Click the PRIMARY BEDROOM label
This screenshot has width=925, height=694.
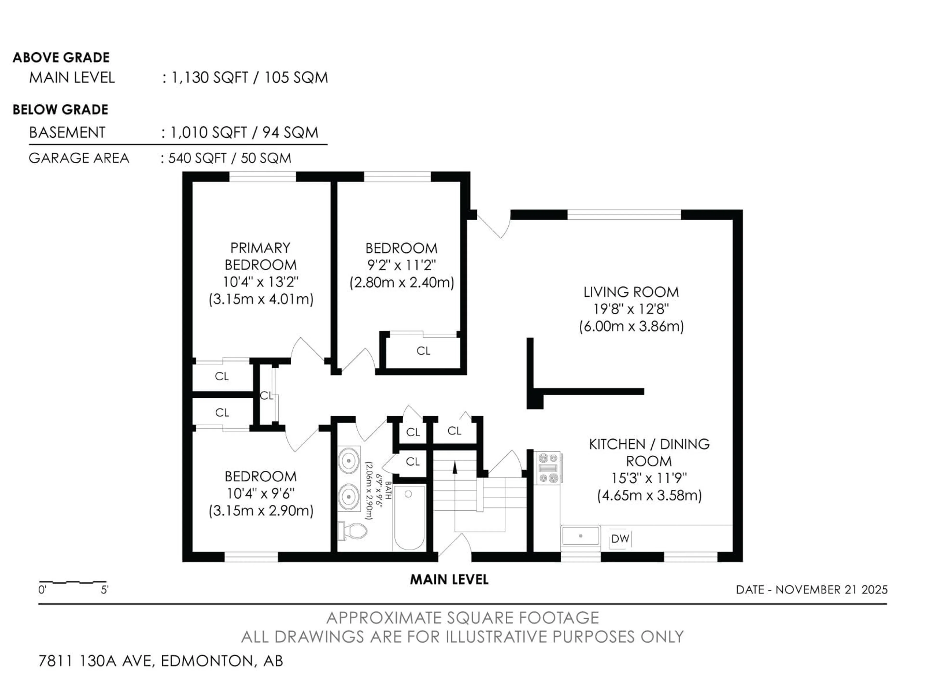260,256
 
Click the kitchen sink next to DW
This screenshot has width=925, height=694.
581,536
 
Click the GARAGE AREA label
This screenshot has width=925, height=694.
79,158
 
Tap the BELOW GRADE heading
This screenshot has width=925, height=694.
60,110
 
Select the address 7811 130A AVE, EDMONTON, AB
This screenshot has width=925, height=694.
161,661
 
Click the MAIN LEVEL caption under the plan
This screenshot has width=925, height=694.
449,579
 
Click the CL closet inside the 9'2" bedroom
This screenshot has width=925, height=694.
423,351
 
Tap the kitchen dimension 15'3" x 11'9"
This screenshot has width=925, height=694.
649,478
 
